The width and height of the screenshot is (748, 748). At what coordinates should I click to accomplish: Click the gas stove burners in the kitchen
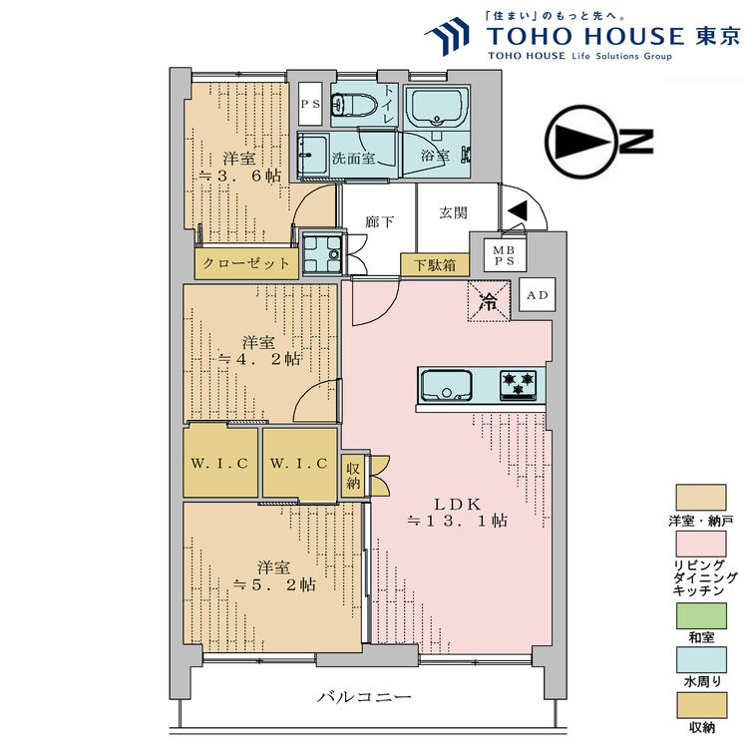click(x=518, y=384)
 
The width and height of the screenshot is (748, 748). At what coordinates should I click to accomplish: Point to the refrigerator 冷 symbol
click(x=490, y=300)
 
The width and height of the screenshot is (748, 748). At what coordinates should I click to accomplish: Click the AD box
click(x=537, y=295)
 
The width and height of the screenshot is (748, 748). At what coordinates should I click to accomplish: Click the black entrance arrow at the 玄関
click(x=518, y=211)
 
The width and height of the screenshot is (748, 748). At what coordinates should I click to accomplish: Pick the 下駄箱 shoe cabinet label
click(x=436, y=265)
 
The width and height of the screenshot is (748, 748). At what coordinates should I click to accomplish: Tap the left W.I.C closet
click(x=221, y=463)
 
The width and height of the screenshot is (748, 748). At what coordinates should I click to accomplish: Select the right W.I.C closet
click(x=299, y=463)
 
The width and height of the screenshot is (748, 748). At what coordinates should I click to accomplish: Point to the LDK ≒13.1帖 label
click(x=457, y=511)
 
